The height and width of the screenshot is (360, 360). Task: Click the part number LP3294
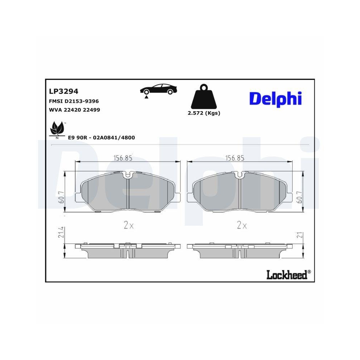point(63,92)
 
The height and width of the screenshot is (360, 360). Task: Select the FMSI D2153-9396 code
point(73,102)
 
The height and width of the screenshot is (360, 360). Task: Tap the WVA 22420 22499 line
point(74,110)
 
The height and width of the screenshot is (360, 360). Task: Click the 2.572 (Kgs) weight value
point(204,113)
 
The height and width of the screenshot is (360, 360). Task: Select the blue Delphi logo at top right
point(275,98)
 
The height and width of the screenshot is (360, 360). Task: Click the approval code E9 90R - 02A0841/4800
point(101,138)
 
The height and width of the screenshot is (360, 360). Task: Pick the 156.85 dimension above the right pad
point(234,158)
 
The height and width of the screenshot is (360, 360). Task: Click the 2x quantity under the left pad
point(129,226)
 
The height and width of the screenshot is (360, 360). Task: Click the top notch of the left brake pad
point(128,175)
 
